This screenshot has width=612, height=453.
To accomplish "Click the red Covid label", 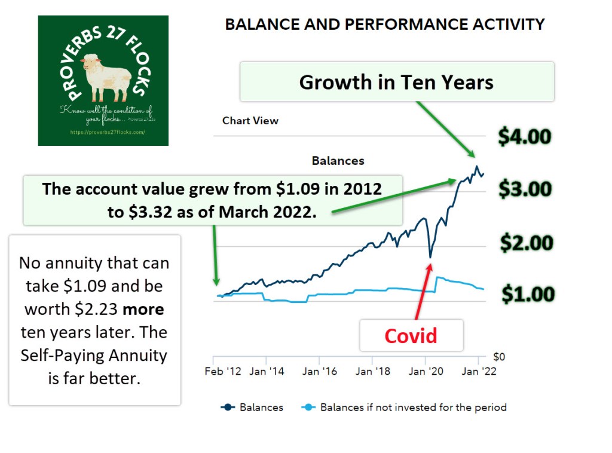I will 411,335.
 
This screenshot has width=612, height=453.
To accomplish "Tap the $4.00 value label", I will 525,137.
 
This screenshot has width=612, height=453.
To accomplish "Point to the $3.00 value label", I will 525,189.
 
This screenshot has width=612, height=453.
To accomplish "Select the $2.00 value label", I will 527,243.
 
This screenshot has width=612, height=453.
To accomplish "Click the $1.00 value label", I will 528,295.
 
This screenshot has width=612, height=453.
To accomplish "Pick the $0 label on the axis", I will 498,357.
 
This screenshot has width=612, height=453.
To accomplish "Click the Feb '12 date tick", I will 223,371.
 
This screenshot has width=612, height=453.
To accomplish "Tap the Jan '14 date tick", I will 267,371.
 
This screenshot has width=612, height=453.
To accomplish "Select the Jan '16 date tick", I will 319,371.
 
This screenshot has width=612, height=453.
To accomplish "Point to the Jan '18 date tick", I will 372,371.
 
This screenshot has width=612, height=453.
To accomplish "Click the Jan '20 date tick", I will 426,371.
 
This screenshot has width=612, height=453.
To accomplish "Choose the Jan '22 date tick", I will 479,371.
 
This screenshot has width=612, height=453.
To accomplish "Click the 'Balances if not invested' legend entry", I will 413,408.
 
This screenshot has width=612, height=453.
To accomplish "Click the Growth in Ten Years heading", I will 396,82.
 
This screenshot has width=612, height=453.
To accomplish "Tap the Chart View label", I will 250,120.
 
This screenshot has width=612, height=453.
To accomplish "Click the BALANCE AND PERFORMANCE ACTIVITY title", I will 385,25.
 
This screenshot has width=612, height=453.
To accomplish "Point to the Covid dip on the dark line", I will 430,257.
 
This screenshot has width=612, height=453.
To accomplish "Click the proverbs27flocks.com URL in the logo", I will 108,132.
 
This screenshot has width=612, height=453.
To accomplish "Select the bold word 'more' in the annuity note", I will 144,308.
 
